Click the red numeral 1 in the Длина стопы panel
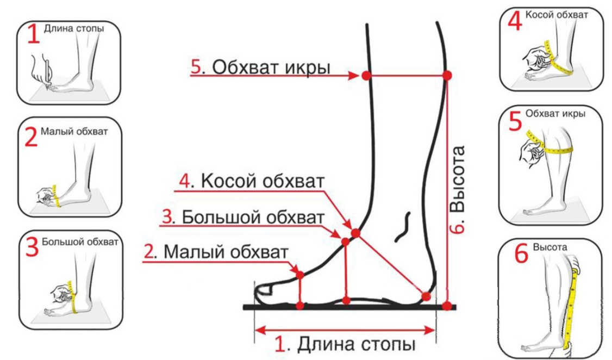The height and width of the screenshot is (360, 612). coord(34,34)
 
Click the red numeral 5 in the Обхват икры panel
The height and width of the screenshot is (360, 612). coord(515,121)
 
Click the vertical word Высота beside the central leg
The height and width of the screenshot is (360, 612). coord(458,179)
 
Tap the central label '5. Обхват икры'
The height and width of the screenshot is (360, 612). coord(260,67)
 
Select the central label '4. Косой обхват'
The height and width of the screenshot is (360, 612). coord(252,181)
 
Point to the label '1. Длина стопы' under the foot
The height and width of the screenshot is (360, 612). coord(345,344)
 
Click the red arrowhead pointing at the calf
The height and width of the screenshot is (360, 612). coord(353,76)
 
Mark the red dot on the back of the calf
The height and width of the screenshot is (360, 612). coord(447,76)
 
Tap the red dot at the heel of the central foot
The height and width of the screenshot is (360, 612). coord(426,296)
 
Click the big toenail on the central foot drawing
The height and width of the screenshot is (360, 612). coord(265,289)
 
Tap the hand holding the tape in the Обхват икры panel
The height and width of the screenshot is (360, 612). coord(529,152)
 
